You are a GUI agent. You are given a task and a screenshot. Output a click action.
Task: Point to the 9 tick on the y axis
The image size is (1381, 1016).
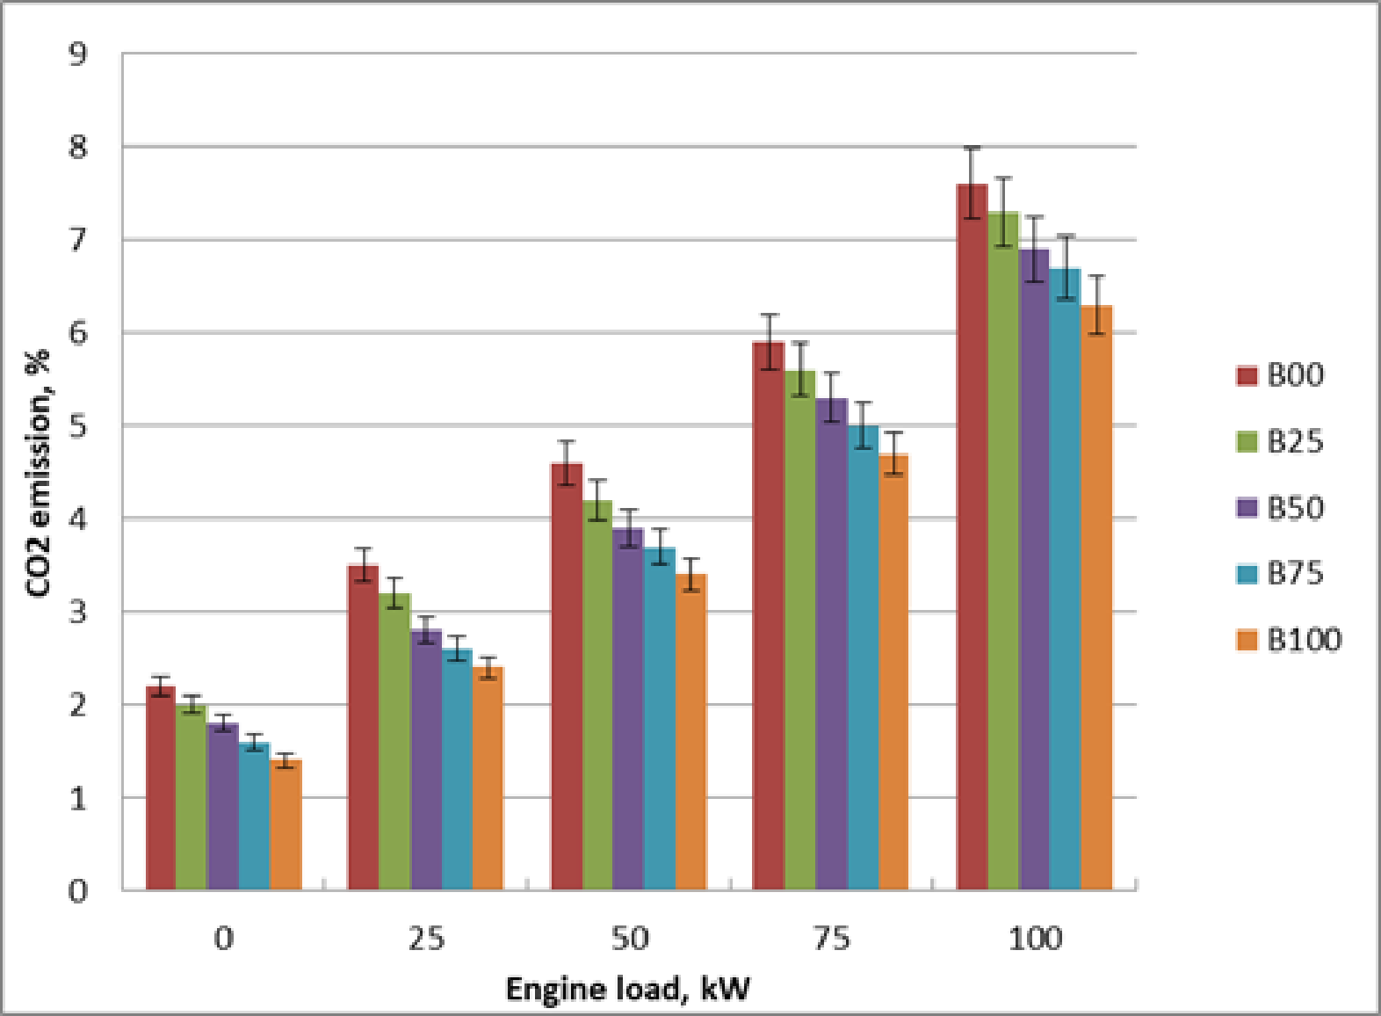(x=79, y=54)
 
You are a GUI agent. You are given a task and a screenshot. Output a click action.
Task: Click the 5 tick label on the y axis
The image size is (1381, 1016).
(x=79, y=426)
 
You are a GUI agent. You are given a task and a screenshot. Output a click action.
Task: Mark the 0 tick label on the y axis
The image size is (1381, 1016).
(x=79, y=891)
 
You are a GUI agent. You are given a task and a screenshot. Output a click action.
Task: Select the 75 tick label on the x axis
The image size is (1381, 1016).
(x=832, y=939)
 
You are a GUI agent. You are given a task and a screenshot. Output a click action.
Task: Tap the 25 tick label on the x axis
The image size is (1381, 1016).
(x=426, y=939)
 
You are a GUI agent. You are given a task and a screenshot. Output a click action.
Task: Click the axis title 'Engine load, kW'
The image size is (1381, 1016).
(x=628, y=989)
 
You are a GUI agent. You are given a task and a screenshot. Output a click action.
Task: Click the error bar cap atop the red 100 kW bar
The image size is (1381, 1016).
(x=972, y=148)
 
